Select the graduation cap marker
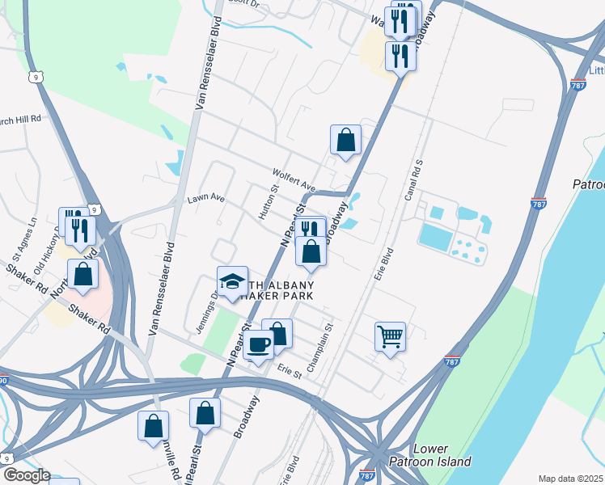click(x=232, y=282)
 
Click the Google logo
click(x=26, y=475)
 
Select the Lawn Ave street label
click(x=205, y=198)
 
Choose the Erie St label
click(x=289, y=373)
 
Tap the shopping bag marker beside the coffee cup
click(x=277, y=333)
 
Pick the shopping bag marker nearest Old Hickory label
click(x=82, y=274)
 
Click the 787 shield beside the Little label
click(x=577, y=84)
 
